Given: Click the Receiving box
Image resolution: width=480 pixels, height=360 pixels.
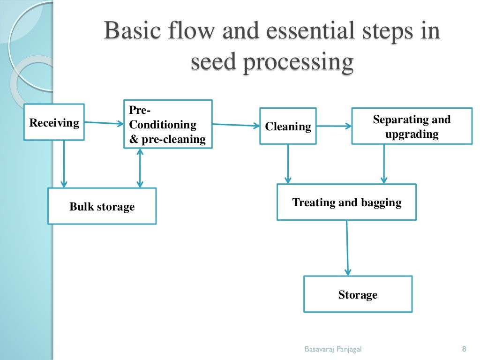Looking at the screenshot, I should (54, 122).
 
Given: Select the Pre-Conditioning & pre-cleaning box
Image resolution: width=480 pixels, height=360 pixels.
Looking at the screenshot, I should (168, 124).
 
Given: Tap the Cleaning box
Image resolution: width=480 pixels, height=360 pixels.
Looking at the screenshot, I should (288, 127).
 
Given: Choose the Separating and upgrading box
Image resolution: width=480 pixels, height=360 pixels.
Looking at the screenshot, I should (412, 127).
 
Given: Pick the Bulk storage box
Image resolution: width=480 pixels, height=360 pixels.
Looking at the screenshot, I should (102, 206).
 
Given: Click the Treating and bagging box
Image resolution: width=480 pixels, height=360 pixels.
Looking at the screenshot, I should (346, 202).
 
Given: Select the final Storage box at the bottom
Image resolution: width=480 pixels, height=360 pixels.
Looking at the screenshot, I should (358, 294).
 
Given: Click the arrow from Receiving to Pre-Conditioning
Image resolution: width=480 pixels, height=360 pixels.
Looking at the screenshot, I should (104, 123).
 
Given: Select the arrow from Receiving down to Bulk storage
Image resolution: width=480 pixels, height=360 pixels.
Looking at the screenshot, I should (64, 164).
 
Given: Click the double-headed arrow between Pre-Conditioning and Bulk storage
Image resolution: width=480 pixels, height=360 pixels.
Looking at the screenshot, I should (139, 168).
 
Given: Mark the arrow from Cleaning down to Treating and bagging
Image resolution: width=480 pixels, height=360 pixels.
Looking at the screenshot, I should (288, 164).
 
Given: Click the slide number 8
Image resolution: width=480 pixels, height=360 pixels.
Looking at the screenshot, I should (464, 349).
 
